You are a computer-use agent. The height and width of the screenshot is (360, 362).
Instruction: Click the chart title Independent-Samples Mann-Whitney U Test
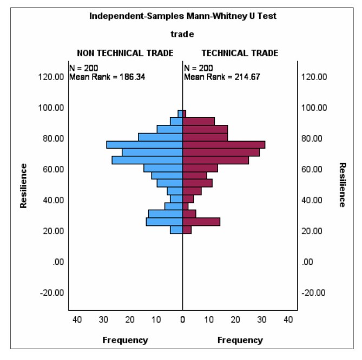(x=182, y=16)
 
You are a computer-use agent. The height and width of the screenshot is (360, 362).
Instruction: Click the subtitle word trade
(x=182, y=35)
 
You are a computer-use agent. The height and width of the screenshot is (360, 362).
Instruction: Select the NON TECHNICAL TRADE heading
(x=125, y=53)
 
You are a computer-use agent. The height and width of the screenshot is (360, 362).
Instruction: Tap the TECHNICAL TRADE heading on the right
(x=240, y=53)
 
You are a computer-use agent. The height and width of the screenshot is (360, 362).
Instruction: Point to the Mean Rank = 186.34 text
(x=107, y=77)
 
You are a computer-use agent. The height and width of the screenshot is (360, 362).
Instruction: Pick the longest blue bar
(x=144, y=145)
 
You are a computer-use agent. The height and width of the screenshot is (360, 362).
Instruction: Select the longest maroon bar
(x=224, y=145)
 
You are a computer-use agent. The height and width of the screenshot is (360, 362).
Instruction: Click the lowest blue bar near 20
(x=176, y=230)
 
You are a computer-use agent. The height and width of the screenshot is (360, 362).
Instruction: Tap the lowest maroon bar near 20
(x=187, y=230)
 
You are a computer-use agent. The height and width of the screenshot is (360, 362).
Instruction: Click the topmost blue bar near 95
(x=180, y=114)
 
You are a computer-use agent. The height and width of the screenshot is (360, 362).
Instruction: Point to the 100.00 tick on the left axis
(x=52, y=108)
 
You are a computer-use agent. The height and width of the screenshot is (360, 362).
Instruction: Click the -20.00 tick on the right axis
(x=313, y=293)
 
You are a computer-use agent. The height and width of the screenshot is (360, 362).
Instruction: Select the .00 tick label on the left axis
(x=59, y=262)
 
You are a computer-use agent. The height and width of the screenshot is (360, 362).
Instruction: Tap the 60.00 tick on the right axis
(x=313, y=169)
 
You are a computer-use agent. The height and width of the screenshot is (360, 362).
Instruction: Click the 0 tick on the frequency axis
(x=183, y=319)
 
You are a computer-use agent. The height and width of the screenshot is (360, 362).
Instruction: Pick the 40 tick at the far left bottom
(x=77, y=319)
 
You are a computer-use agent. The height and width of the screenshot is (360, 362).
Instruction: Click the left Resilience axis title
(x=23, y=185)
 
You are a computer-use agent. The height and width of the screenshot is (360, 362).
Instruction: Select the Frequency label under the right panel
(x=240, y=340)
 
